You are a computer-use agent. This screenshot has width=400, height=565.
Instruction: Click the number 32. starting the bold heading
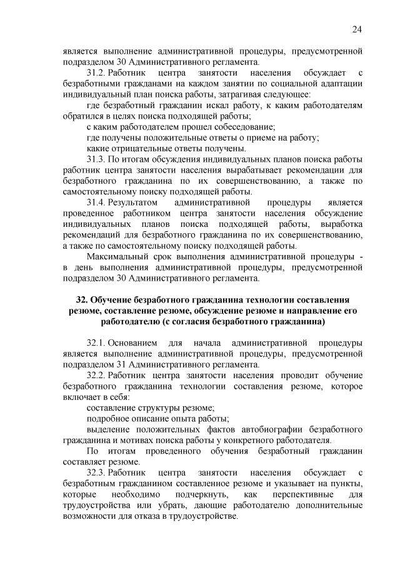[83, 300]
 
